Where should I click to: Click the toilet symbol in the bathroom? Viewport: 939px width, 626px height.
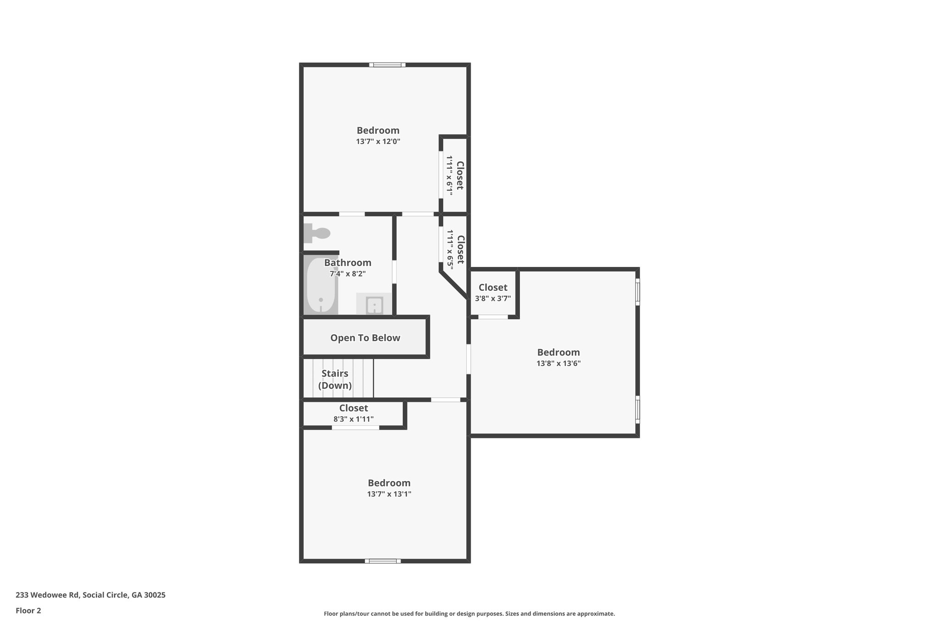point(317,233)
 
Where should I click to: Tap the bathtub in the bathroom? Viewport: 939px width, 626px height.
point(321,286)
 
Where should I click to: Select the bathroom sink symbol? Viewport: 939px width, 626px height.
point(374,305)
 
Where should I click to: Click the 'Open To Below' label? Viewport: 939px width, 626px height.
point(365,338)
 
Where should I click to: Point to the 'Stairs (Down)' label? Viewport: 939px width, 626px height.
point(335,379)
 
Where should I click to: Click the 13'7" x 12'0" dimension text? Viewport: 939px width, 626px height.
point(378,142)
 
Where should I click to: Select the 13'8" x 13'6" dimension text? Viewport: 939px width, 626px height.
point(558,364)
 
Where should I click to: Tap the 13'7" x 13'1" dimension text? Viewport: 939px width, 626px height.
point(389,494)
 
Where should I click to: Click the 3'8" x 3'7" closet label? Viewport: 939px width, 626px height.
point(493,293)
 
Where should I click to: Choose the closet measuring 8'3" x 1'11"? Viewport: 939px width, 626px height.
point(354,413)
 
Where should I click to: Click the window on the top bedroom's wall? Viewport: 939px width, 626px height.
point(387,65)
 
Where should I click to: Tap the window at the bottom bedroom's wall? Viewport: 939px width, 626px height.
point(383,561)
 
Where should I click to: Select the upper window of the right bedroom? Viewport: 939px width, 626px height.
point(637,292)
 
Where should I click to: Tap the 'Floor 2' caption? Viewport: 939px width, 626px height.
point(28,610)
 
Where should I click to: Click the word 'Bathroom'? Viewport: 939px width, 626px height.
point(348,263)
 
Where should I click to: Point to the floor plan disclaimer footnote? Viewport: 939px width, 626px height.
point(469,614)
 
